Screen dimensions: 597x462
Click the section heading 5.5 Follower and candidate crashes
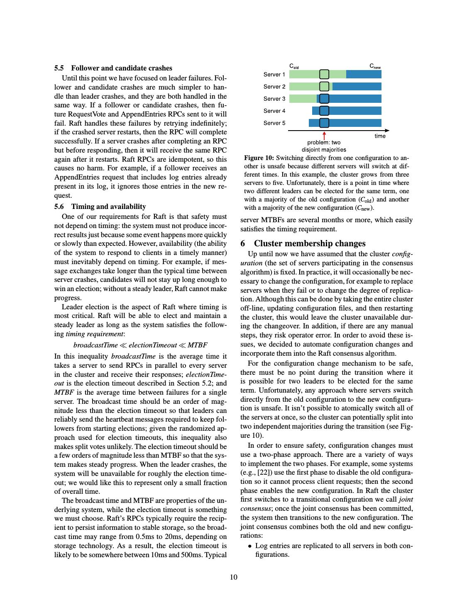coord(113,68)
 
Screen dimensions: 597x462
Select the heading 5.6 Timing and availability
coord(100,206)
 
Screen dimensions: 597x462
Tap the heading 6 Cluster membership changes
coord(303,243)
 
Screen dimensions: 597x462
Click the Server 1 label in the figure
coord(274,75)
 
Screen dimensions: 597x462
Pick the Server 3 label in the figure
coord(274,99)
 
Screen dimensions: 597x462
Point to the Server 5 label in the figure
coord(274,123)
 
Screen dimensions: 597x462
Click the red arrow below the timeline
coord(324,136)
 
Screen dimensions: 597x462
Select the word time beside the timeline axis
coord(380,136)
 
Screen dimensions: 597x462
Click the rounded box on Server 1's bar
coord(324,74)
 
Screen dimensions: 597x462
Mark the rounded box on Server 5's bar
coord(324,123)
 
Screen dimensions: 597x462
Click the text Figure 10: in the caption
coord(259,158)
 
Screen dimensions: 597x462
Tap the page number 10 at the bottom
coord(234,577)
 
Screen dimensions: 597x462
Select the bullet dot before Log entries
coord(250,546)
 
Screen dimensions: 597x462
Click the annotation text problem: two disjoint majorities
coord(324,146)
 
